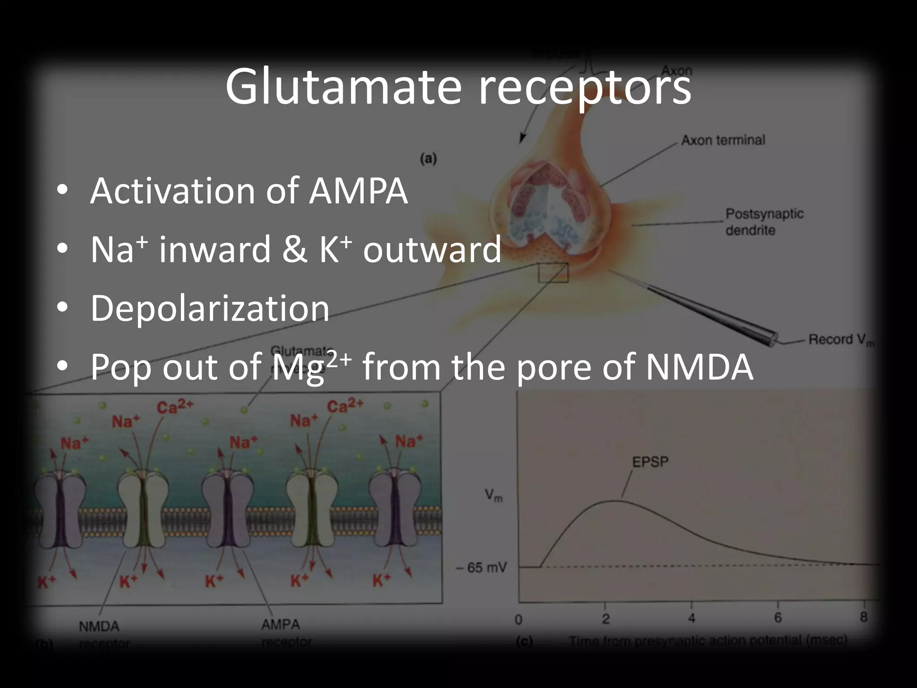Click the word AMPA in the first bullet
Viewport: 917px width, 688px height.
point(358,191)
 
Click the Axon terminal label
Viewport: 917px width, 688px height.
point(723,140)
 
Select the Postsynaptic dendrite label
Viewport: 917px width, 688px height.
point(764,222)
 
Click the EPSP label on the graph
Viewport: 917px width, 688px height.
point(650,462)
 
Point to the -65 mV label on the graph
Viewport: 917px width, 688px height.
point(481,568)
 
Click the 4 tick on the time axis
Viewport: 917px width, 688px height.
point(691,619)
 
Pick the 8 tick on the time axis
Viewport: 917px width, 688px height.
point(864,617)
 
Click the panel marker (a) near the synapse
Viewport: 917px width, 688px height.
point(428,159)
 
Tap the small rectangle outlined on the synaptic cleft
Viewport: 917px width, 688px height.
point(553,273)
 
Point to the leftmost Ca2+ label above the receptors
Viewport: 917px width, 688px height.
point(175,407)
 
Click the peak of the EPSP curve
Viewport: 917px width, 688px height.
point(616,501)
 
